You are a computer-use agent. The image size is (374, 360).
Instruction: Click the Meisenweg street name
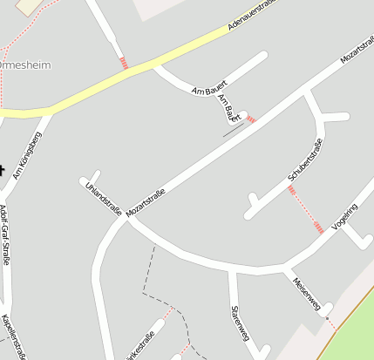(308, 292)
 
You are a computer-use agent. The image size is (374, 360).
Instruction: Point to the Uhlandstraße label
(102, 198)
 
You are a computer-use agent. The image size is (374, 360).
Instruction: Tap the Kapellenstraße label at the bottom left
(8, 336)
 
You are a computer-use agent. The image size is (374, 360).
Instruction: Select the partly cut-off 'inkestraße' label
(140, 345)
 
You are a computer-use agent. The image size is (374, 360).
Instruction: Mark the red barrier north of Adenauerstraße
(124, 63)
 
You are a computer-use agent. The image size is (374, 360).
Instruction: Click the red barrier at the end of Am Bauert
(251, 119)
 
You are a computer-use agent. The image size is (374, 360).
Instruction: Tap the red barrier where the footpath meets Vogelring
(320, 228)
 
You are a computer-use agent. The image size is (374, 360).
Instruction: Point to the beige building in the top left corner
(30, 6)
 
